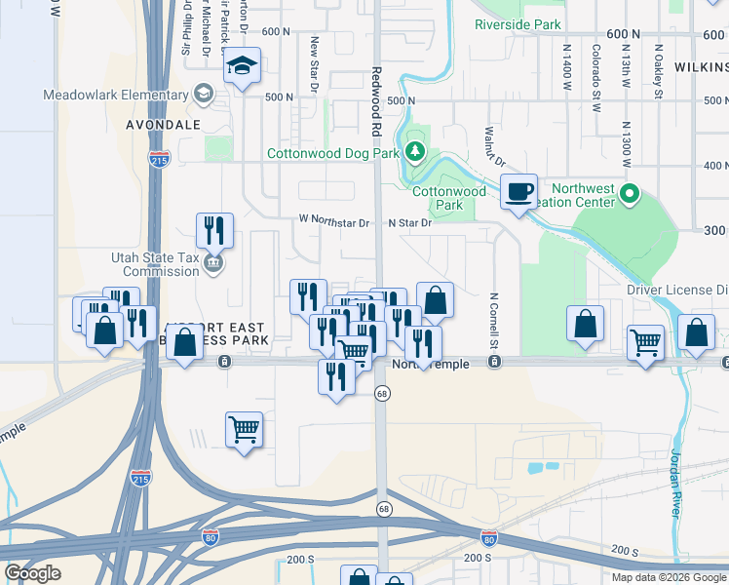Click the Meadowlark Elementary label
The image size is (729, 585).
[115, 95]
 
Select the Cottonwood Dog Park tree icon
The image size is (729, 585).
[416, 151]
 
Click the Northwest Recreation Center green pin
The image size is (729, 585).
[630, 195]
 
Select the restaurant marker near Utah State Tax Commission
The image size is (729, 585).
[214, 231]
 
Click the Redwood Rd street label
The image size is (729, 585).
[376, 102]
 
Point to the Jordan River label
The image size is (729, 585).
[676, 483]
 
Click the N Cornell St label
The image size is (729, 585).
[494, 322]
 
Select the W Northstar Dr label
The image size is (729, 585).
[335, 222]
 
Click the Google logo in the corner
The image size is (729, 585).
[31, 573]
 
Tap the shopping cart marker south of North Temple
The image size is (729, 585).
[244, 429]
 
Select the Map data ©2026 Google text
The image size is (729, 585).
[668, 577]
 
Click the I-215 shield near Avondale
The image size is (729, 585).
[160, 159]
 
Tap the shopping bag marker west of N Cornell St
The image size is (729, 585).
[436, 300]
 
